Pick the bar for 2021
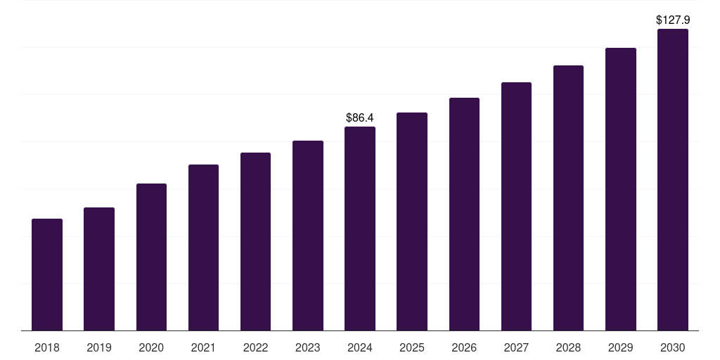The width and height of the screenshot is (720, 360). [203, 247]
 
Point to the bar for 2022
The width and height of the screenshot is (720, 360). [255, 241]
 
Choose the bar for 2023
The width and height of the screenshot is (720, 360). [308, 236]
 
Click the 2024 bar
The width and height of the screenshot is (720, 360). [360, 229]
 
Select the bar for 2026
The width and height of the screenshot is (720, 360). [464, 214]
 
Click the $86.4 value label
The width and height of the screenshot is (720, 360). [360, 117]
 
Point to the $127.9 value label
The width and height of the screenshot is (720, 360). [673, 20]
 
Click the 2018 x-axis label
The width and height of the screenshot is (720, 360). [47, 347]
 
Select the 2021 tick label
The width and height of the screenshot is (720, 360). [203, 347]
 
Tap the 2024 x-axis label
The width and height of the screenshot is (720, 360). [360, 347]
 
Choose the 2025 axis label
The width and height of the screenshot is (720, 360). [412, 347]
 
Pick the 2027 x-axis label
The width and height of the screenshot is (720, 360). [516, 347]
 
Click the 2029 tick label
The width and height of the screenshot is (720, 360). [621, 347]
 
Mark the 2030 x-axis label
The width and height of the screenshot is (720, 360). [673, 347]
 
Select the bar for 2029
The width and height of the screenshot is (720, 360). [621, 189]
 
